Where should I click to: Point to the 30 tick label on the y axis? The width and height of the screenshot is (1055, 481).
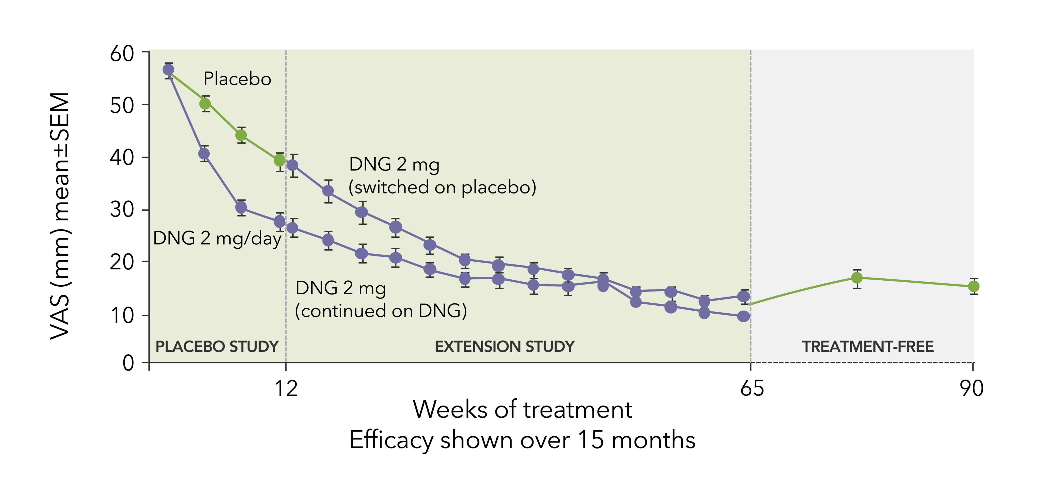coord(122,210)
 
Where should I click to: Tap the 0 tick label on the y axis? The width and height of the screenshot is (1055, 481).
coord(128,363)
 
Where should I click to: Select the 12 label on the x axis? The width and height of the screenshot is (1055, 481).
coord(285,388)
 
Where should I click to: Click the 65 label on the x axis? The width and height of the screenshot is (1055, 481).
coord(751,388)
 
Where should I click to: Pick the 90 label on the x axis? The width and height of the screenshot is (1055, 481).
coord(971,388)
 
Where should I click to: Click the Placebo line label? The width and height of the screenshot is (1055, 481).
coord(237,79)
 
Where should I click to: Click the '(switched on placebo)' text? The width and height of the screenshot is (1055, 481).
coord(442,187)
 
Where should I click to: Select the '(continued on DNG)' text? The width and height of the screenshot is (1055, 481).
coord(381,311)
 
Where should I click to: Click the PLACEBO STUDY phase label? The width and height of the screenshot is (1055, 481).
coord(217,347)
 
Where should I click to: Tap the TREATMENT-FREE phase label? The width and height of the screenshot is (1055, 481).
coord(867,347)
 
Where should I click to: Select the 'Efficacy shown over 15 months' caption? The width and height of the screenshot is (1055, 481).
coord(522,440)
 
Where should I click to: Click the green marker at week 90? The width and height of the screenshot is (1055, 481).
coord(973,286)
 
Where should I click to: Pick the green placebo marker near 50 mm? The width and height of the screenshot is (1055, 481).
coord(205,104)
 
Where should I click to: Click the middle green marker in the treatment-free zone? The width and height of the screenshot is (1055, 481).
coord(857,278)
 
